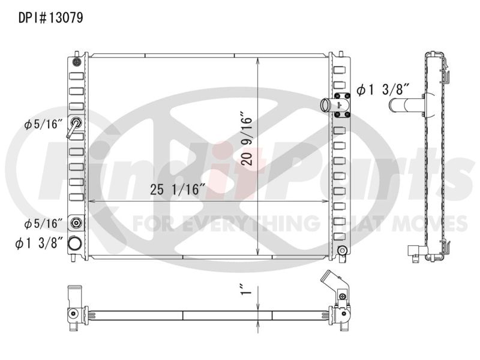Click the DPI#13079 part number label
(x=51, y=18)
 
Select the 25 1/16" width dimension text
(x=177, y=190)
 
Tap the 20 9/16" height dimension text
(x=247, y=140)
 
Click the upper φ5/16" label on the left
(x=43, y=124)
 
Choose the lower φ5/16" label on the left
(x=43, y=223)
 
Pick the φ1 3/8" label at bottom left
(x=39, y=244)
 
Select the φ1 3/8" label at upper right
(x=383, y=90)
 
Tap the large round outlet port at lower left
(x=75, y=244)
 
